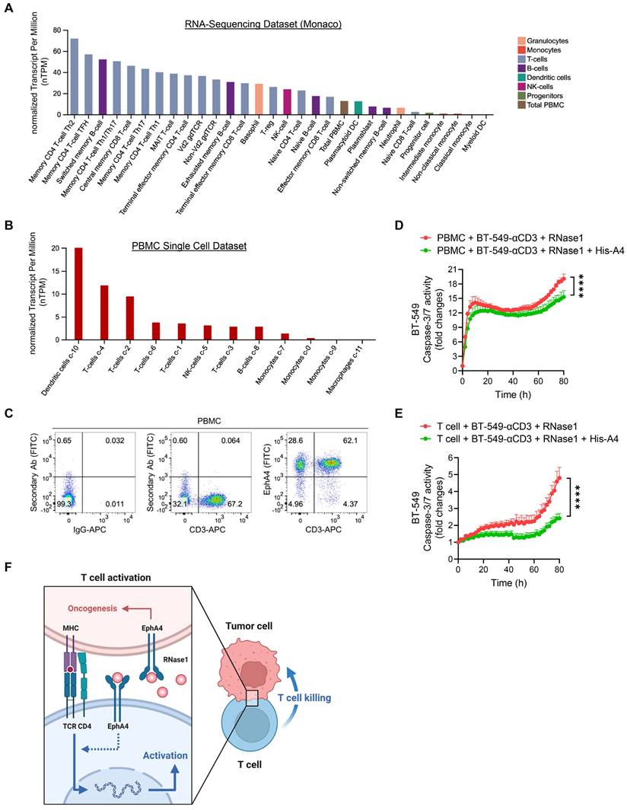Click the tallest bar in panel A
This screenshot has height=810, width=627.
coord(74,76)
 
